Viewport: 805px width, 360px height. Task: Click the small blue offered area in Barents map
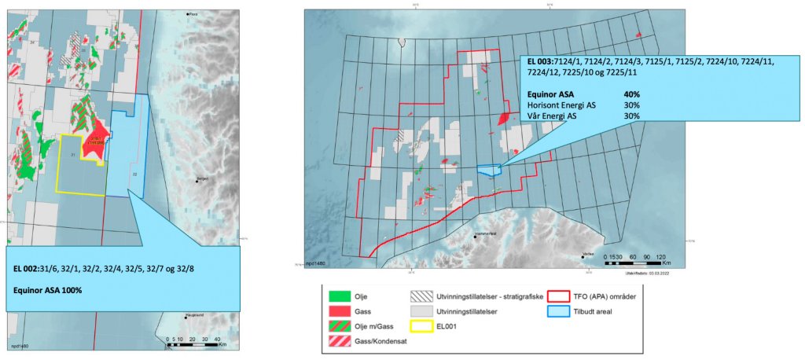[x=488, y=169]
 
